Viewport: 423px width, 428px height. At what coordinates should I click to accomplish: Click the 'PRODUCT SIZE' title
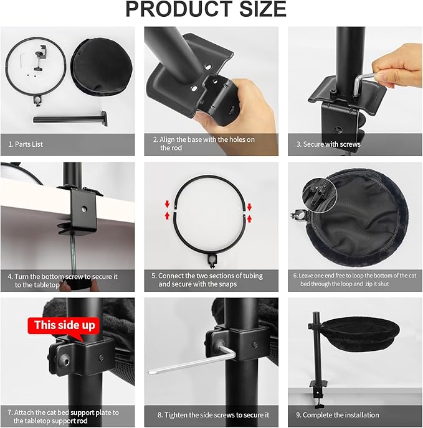[206, 9]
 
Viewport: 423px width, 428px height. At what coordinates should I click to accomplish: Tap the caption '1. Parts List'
[26, 144]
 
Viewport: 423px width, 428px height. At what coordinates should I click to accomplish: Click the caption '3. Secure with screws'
[328, 144]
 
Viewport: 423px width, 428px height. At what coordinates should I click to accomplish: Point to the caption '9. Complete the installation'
[338, 415]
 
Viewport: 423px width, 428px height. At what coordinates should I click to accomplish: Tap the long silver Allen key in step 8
[192, 360]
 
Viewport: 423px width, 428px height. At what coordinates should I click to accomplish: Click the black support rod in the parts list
[70, 119]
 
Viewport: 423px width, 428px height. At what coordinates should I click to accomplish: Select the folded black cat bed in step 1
[102, 67]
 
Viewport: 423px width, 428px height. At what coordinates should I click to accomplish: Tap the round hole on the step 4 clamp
[84, 210]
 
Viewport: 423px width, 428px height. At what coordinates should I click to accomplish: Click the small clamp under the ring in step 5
[212, 260]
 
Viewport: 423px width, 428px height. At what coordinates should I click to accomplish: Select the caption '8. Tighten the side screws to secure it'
[213, 415]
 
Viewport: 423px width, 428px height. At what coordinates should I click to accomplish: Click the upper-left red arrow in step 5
[168, 204]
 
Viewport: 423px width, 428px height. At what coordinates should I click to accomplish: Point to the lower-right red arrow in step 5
[249, 218]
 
